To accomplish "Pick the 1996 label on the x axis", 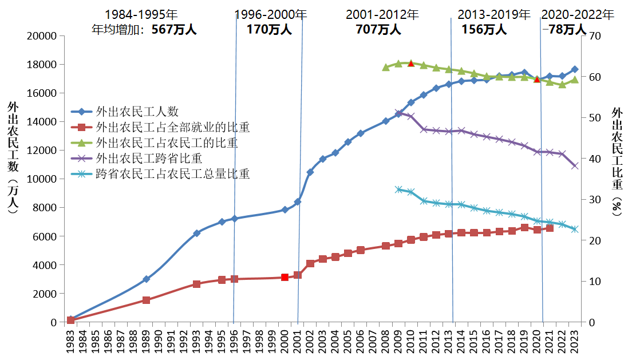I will click(x=234, y=341).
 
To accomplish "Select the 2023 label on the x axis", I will click(x=574, y=341).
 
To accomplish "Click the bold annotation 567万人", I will click(x=174, y=30).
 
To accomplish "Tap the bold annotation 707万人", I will click(x=378, y=30).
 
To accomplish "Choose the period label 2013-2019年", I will click(x=494, y=15).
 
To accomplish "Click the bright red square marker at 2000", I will click(x=285, y=278).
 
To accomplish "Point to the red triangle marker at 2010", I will click(x=410, y=63).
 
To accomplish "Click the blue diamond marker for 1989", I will click(x=146, y=279).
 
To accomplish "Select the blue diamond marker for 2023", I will click(x=574, y=69).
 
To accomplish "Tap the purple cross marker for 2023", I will click(x=574, y=166).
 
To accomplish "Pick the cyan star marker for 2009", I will click(x=398, y=189).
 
